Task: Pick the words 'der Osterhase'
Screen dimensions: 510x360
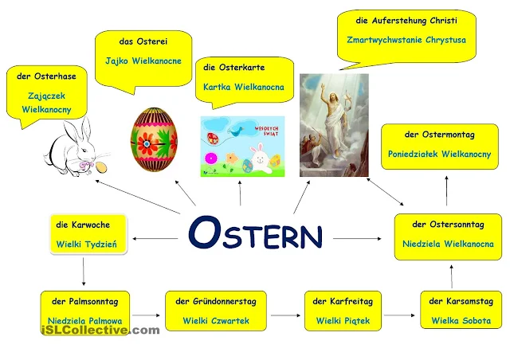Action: pyautogui.click(x=45, y=77)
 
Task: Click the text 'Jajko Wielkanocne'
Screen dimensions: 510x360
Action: pyautogui.click(x=143, y=61)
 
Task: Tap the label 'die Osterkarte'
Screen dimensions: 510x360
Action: pyautogui.click(x=234, y=68)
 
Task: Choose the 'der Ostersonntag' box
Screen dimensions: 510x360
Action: pyautogui.click(x=447, y=234)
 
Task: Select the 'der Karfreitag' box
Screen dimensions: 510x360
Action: pyautogui.click(x=343, y=311)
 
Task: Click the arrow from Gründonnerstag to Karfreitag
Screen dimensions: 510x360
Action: pyautogui.click(x=285, y=316)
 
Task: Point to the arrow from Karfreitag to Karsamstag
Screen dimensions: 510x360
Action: pyautogui.click(x=401, y=316)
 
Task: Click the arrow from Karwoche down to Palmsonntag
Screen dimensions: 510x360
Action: pyautogui.click(x=83, y=272)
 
